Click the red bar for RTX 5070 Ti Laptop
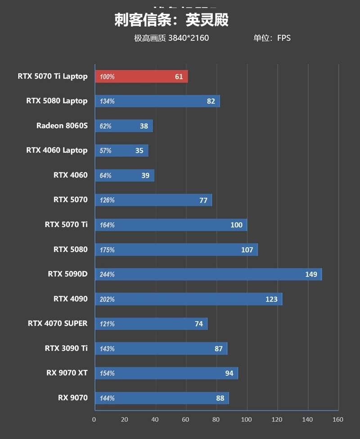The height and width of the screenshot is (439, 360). point(141,77)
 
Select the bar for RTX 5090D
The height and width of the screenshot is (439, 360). point(208,274)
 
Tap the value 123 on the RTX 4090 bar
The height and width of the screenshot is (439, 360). point(271,299)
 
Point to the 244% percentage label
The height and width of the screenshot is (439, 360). point(107,275)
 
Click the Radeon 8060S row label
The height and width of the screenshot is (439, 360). point(62,126)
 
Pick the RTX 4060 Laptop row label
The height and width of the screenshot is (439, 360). point(57,150)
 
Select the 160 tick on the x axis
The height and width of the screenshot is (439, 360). point(337,420)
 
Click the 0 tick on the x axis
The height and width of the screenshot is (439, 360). point(94,420)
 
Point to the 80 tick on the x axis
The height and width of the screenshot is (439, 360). point(216,420)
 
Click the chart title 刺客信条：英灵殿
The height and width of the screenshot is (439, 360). point(171,20)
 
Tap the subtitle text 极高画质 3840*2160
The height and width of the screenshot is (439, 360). point(171,38)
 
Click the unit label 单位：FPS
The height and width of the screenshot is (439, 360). point(272,38)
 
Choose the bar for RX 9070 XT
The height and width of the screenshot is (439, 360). point(166,373)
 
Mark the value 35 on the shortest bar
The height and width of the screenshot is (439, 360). point(139,151)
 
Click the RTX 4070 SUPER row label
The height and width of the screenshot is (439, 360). point(58,323)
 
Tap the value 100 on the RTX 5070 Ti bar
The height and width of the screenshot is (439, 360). point(236,225)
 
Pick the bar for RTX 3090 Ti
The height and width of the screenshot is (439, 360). point(161,348)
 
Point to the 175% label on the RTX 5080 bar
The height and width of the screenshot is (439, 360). point(107,250)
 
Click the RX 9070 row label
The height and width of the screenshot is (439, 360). point(72,398)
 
